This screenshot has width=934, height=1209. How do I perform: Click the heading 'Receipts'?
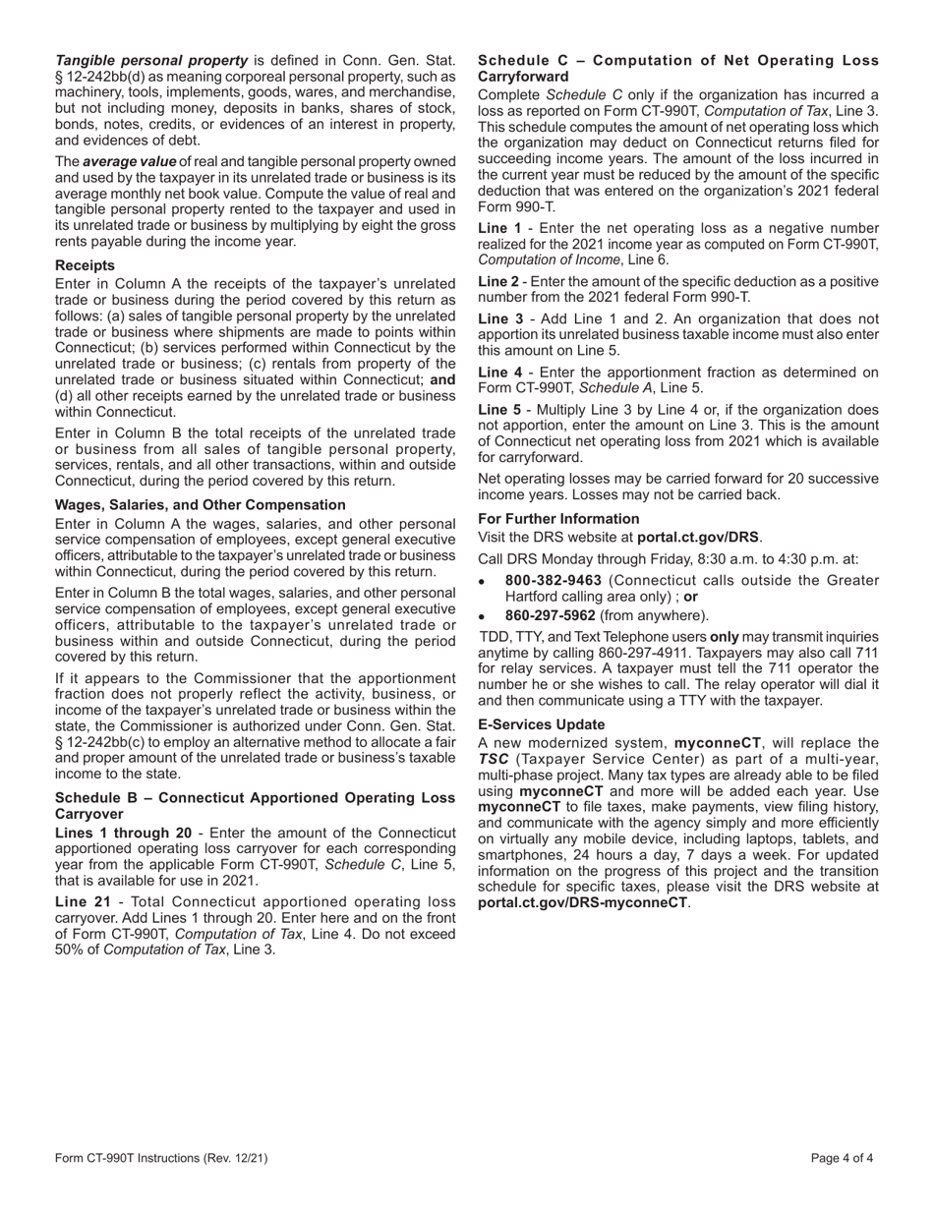(x=85, y=265)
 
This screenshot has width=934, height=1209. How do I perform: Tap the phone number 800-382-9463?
(x=554, y=580)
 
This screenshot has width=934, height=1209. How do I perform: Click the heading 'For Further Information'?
(x=558, y=518)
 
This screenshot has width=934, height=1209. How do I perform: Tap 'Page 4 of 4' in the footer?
(x=843, y=1158)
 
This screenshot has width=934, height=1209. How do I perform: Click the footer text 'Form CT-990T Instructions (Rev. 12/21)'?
(x=161, y=1158)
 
